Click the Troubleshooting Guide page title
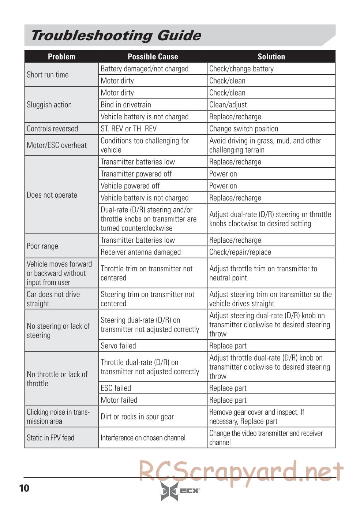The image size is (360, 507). pos(116,36)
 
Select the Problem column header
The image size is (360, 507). pos(61,57)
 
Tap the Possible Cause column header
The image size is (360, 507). pos(153,57)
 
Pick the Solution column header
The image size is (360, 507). pos(271,57)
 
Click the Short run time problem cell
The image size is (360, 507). pos(48,75)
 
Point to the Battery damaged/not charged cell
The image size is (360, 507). pos(145,69)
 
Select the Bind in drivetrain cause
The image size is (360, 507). pos(126,105)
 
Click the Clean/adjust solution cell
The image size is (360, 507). pos(228,105)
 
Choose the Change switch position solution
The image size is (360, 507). pos(244,129)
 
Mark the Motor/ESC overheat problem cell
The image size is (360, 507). pos(57,145)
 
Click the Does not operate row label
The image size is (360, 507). pos(52,195)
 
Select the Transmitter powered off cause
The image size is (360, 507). pos(136,174)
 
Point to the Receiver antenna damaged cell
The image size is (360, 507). pos(140,252)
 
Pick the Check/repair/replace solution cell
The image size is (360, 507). pos(240,252)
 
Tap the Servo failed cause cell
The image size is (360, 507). pos(118,346)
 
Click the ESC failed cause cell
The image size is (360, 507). pos(116,388)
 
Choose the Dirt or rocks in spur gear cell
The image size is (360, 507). pos(137,417)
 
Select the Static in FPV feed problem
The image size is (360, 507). pos(50,438)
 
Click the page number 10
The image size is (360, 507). pos(24,488)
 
